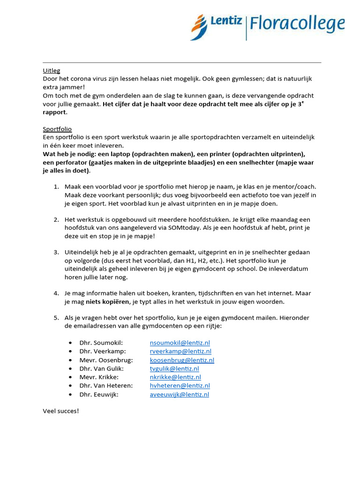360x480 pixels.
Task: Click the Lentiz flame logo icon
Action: pos(199,27)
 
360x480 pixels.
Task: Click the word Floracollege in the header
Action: pos(297,23)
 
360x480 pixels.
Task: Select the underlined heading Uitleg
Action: pos(52,71)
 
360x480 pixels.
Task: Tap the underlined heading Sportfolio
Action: pos(57,128)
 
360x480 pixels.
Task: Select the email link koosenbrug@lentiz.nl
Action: pos(182,360)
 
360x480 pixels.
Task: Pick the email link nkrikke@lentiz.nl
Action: pos(175,377)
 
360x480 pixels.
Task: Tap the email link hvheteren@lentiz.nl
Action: pos(180,385)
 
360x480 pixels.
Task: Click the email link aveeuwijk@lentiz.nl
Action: pos(180,394)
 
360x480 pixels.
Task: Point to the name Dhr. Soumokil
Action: pos(101,343)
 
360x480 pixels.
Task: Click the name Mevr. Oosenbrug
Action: pos(106,360)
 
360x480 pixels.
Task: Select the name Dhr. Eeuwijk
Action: pos(99,394)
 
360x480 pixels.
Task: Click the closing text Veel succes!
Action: pos(61,411)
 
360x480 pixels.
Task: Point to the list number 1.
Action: pos(56,187)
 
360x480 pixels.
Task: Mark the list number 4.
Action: pos(56,293)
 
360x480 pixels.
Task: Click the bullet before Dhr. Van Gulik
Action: pos(70,368)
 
